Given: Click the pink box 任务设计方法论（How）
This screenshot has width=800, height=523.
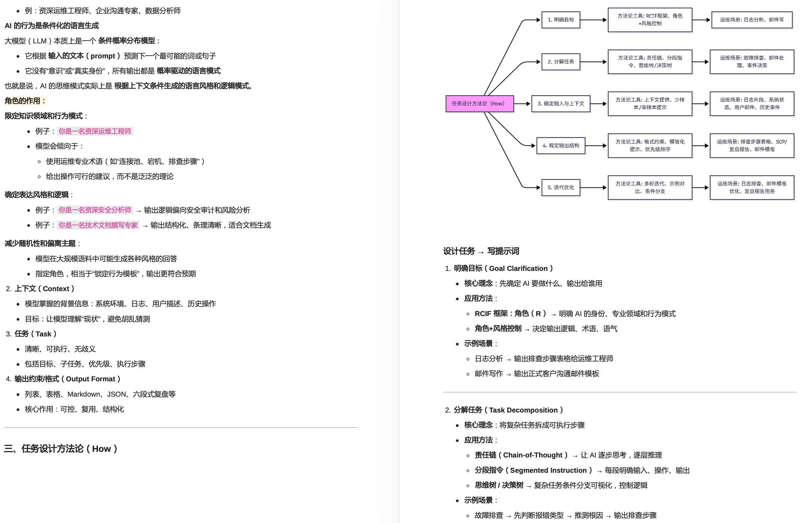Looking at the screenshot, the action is coord(479,104).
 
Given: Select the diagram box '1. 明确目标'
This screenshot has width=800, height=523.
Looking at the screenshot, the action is coord(561,20).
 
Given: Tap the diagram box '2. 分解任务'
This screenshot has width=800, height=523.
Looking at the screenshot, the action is coord(561,62).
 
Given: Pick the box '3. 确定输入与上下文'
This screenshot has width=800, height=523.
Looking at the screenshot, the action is coord(561,104).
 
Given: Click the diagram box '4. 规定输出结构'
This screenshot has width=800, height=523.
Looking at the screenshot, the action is coord(561,146).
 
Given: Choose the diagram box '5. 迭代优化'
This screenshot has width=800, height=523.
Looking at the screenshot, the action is coord(561,188).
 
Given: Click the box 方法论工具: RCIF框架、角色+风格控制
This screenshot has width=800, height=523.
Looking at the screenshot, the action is coord(650,20).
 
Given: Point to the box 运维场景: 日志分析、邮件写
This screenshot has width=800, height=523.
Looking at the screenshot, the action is coord(752,20).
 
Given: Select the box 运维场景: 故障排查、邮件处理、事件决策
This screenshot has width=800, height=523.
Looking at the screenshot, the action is coord(752,62).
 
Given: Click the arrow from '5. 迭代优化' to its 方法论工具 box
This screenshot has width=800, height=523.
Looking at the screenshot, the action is coord(594,188).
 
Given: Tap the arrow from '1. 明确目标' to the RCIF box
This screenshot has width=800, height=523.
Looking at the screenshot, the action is coord(594,20).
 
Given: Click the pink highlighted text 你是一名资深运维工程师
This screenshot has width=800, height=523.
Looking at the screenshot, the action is coord(95,131).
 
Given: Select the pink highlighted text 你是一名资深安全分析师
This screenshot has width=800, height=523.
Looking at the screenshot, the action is coord(95,210).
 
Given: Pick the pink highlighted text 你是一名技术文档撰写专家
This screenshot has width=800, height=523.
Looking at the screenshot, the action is coord(98,225).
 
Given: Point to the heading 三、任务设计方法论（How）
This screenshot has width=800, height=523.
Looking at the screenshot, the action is coord(60,449).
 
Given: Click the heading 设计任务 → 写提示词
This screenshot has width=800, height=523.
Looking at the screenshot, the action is coord(481,251).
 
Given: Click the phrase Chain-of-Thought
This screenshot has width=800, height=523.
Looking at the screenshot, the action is coord(533,455).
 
